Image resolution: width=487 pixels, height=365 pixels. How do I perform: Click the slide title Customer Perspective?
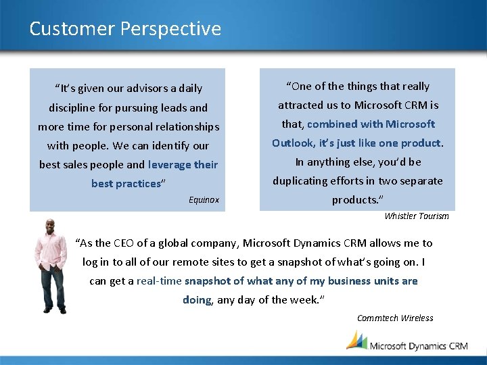[125, 29]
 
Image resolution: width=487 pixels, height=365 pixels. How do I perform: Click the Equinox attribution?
[204, 200]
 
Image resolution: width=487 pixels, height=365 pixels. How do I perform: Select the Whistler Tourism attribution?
[416, 216]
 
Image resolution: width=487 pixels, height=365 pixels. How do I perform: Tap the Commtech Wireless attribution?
[395, 318]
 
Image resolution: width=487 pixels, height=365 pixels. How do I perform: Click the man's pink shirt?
[51, 253]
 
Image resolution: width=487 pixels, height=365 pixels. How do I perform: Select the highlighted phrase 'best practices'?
[126, 184]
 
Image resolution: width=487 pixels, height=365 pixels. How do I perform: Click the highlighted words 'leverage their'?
[183, 165]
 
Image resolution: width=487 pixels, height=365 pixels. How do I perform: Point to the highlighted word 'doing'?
[197, 300]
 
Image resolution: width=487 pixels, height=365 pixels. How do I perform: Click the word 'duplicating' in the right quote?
[300, 181]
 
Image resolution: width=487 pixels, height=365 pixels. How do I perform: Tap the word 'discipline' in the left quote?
[74, 108]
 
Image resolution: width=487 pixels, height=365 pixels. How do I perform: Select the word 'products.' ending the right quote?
[356, 200]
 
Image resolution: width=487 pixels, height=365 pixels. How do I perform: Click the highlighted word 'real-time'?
[159, 281]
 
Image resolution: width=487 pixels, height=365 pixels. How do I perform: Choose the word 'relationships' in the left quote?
[187, 127]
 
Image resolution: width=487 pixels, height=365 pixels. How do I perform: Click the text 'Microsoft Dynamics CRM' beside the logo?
[418, 345]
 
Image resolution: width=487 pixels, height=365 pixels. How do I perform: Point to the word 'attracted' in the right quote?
[300, 105]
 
